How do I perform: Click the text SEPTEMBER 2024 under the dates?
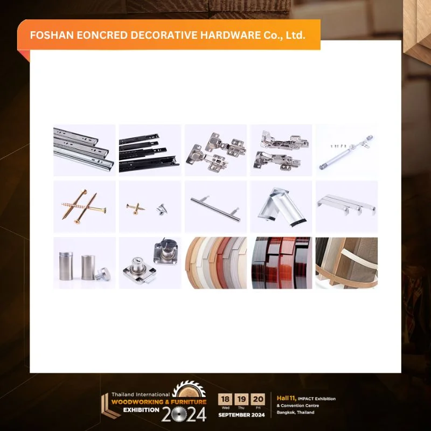(x=242, y=415)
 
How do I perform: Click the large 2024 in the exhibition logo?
(x=184, y=414)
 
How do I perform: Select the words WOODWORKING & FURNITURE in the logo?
(x=159, y=402)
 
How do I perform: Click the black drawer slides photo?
(x=150, y=150)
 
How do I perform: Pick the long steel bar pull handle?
(x=215, y=207)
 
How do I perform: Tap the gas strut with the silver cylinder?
(x=346, y=150)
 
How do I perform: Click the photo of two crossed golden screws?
(x=84, y=207)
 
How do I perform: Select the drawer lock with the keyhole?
(x=150, y=263)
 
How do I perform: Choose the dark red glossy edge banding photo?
(x=281, y=263)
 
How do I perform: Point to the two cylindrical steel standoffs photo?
(x=84, y=263)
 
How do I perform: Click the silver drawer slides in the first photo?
(x=84, y=150)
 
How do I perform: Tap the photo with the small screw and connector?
(x=150, y=207)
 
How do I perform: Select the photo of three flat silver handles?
(x=346, y=207)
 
